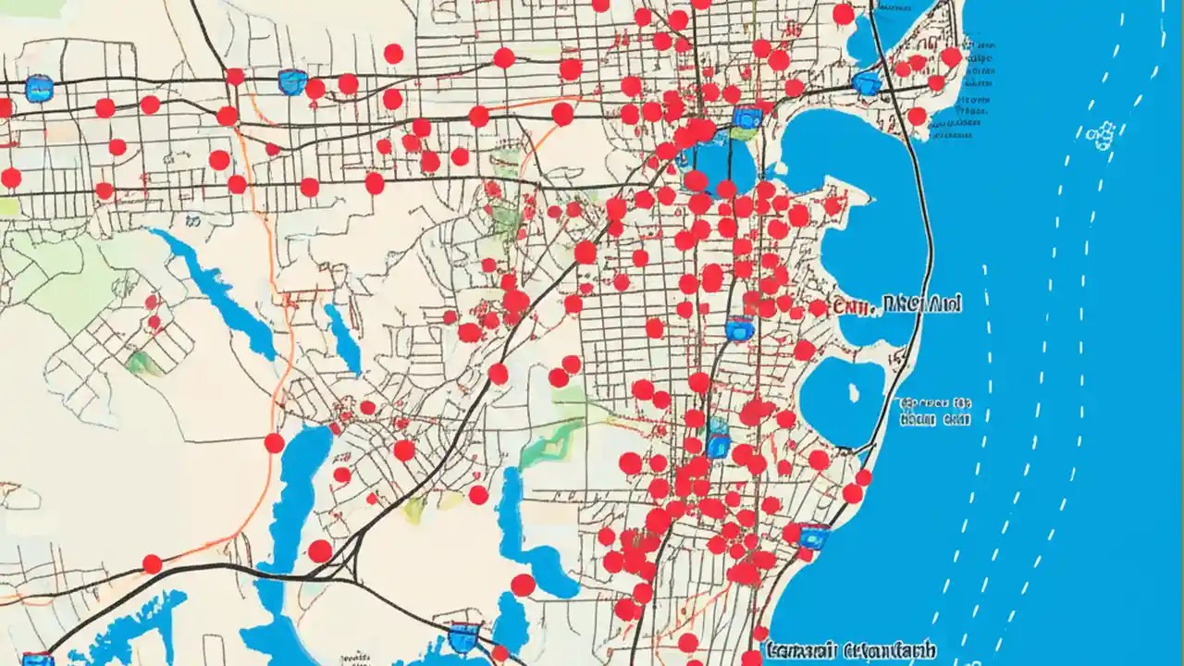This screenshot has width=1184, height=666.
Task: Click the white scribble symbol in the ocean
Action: [1101, 136]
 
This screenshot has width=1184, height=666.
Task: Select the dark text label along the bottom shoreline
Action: [849, 651]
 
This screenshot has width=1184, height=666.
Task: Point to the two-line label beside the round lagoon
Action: [935, 412]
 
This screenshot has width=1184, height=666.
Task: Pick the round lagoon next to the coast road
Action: [842, 400]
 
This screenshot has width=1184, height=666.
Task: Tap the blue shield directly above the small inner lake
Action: [746, 117]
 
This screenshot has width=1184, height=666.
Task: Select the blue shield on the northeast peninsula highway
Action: [867, 83]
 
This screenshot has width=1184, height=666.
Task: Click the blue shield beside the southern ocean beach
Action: [813, 536]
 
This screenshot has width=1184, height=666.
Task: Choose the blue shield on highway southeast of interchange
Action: [463, 636]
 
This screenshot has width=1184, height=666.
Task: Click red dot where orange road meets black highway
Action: [152, 563]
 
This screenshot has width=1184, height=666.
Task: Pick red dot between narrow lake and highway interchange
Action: [320, 551]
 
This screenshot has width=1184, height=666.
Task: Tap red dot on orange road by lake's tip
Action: [274, 442]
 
